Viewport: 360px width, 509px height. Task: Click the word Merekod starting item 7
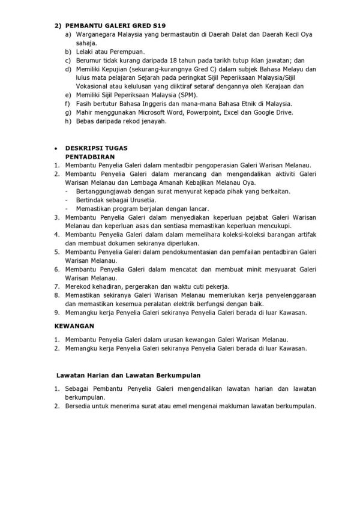point(79,286)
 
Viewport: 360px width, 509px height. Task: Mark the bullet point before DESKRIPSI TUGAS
point(55,147)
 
